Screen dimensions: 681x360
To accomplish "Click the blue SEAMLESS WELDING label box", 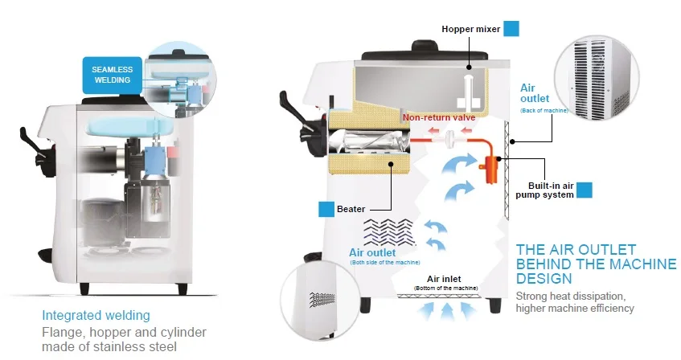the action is (112, 75).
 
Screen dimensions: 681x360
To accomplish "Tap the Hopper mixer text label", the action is (471, 29).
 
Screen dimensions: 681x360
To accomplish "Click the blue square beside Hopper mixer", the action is (511, 29).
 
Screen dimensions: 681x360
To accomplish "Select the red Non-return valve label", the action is (439, 117).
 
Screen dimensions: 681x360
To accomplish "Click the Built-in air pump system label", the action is (544, 190).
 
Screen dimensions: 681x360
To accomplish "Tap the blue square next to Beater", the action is (326, 209).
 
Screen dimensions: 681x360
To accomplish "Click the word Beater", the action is (351, 209).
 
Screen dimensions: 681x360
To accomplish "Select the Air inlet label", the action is (445, 279).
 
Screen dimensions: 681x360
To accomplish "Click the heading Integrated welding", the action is (96, 315).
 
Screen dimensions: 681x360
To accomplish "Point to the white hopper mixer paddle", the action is (468, 92).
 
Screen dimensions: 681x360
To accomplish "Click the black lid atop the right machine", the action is (425, 51).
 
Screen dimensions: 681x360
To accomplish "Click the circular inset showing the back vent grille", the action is (597, 77).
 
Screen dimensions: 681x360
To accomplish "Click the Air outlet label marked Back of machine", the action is (544, 99).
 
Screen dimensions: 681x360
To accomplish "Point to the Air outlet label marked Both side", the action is (384, 256).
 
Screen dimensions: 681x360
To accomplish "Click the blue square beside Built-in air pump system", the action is (585, 190).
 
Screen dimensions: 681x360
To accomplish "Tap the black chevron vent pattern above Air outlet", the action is (388, 232).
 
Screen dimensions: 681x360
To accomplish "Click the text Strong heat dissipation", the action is (571, 297).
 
